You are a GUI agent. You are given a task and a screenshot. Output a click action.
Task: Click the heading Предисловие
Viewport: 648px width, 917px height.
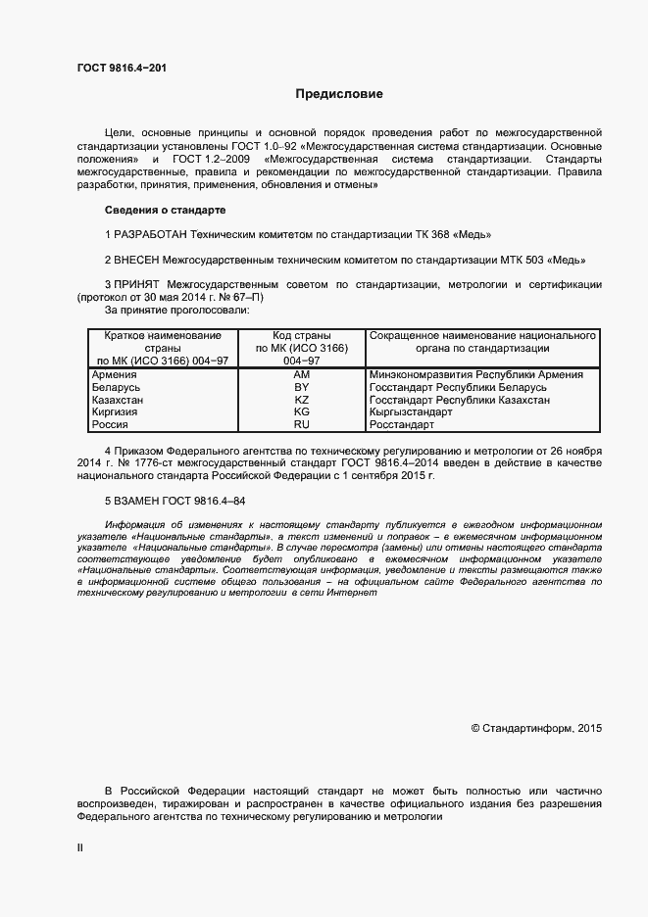[x=339, y=95]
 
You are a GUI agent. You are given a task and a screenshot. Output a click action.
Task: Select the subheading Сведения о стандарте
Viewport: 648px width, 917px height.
[x=165, y=211]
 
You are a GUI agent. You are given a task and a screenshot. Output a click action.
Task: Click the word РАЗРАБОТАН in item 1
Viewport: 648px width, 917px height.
[x=150, y=235]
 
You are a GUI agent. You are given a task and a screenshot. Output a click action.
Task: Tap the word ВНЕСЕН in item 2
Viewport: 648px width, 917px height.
[x=137, y=261]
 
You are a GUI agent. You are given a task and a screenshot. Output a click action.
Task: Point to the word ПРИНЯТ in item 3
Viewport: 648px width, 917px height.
[x=136, y=285]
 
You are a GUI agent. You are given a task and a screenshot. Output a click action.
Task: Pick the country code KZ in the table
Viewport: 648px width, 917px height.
[x=302, y=400]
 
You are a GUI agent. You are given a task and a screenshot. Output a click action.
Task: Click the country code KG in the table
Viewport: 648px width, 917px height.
[x=302, y=412]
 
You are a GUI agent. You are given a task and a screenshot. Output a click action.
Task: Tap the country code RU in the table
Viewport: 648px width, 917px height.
[x=302, y=425]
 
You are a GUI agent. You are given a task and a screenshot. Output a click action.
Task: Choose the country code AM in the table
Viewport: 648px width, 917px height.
[x=302, y=374]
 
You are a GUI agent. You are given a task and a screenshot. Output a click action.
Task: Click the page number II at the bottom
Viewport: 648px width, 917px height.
[x=80, y=848]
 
